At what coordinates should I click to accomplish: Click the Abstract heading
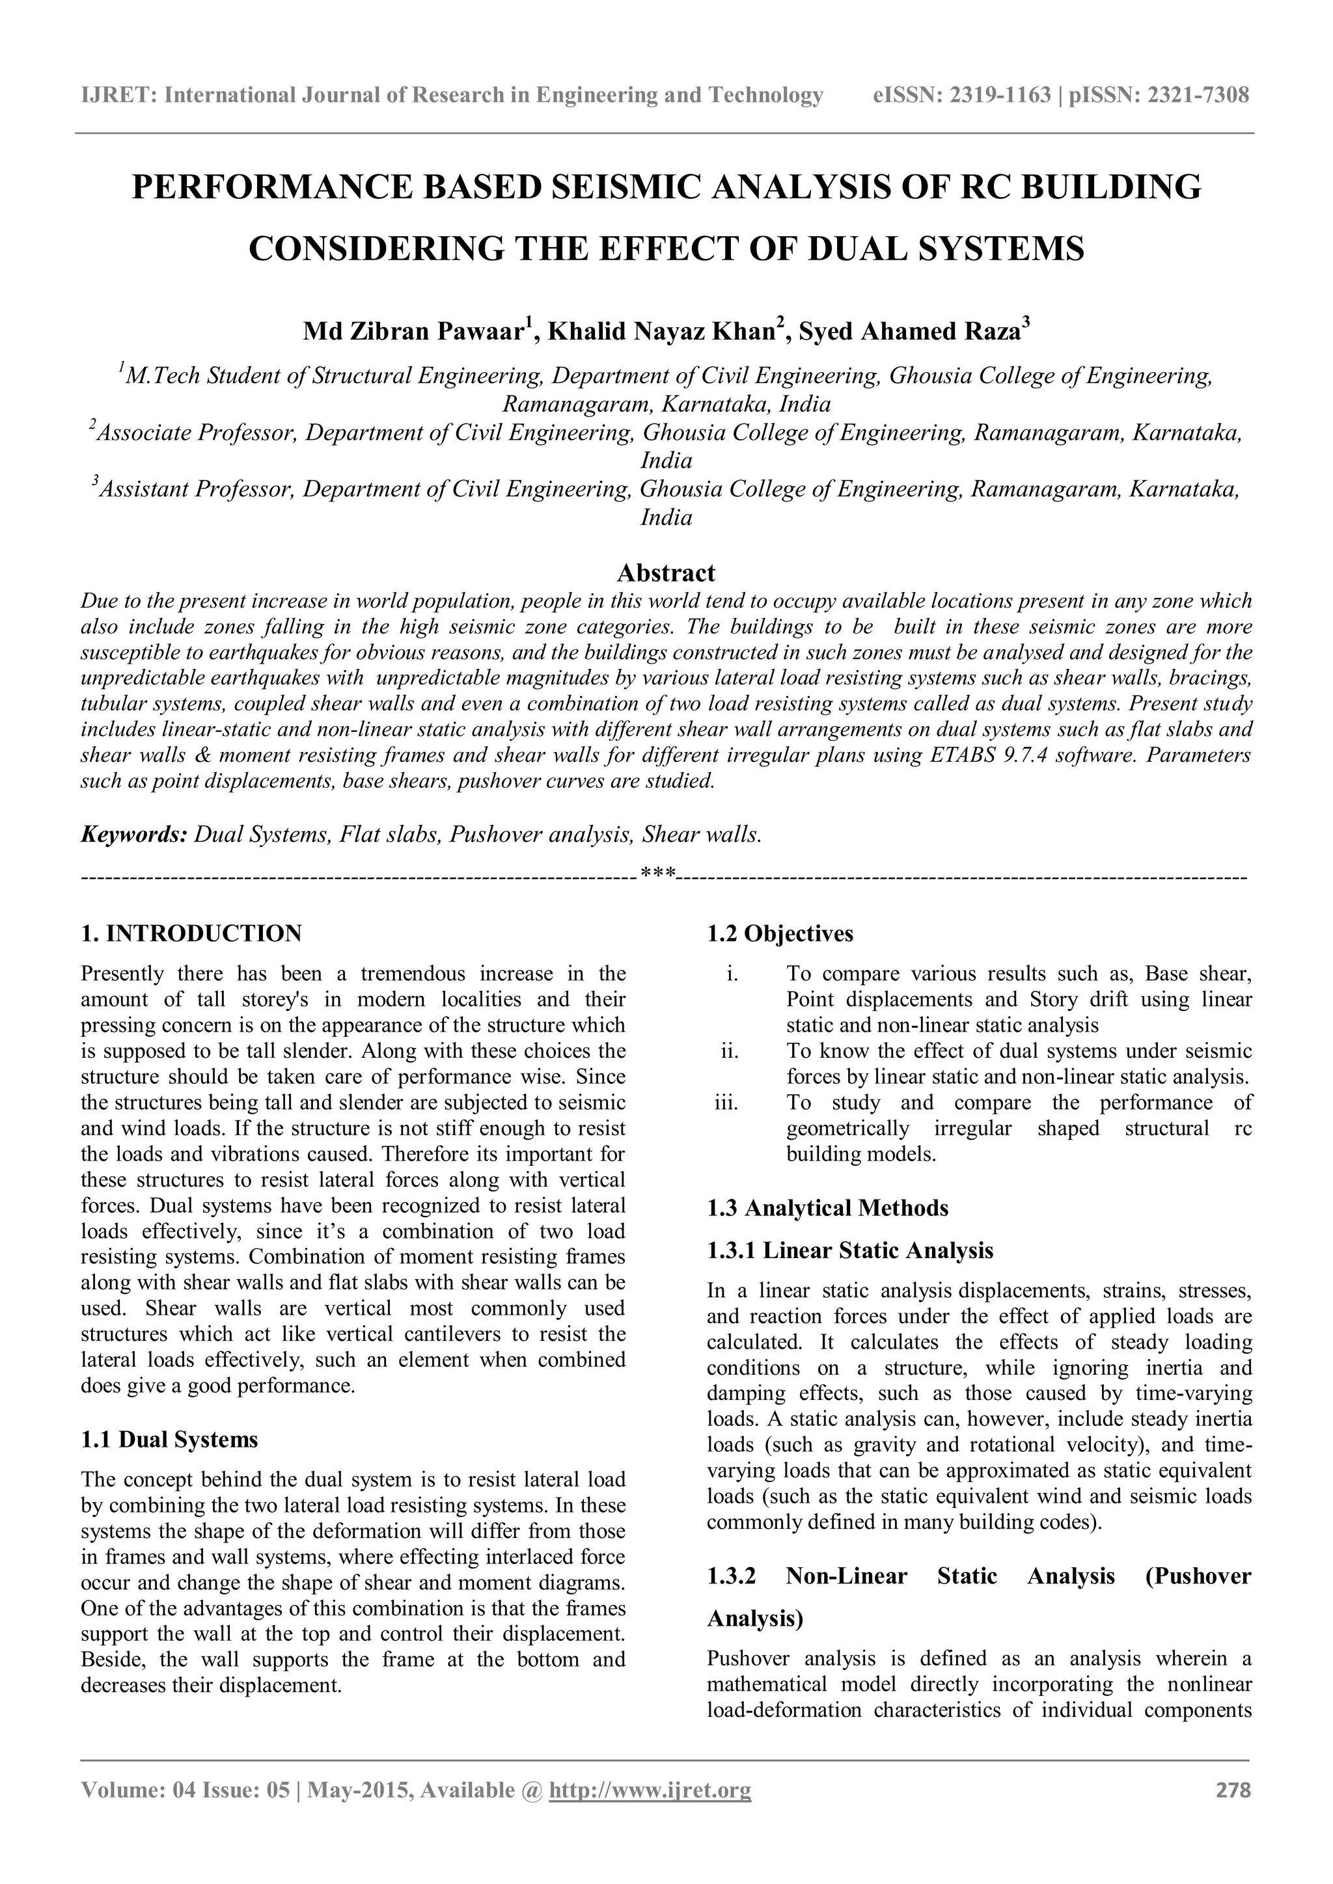(x=666, y=572)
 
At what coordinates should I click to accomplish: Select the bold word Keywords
(x=134, y=835)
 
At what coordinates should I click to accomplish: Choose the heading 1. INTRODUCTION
(x=191, y=933)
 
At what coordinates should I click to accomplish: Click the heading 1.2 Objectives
(x=780, y=933)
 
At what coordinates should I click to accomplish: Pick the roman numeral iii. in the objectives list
(x=726, y=1103)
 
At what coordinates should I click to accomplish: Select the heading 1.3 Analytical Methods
(x=827, y=1208)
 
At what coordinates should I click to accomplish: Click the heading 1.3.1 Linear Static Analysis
(x=849, y=1250)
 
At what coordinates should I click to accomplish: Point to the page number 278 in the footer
(x=1233, y=1812)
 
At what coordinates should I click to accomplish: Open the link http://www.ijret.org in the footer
(x=650, y=1812)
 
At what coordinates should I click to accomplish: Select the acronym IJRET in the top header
(x=117, y=96)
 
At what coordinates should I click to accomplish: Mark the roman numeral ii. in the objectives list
(x=729, y=1051)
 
